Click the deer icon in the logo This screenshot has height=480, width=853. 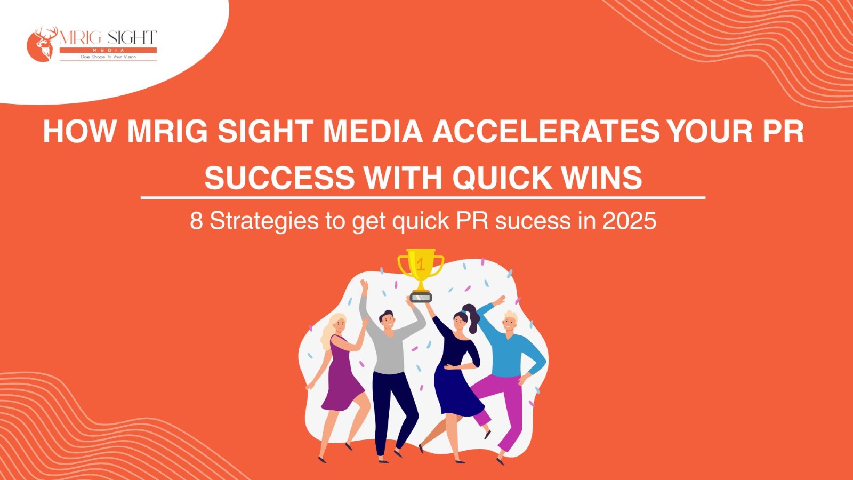43,43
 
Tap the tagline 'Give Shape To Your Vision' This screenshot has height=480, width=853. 108,57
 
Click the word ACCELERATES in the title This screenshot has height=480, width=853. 545,131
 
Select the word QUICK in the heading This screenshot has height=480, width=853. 502,178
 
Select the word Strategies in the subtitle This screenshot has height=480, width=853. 264,222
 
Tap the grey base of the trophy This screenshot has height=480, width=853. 421,297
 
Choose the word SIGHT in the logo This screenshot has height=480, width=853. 132,38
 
